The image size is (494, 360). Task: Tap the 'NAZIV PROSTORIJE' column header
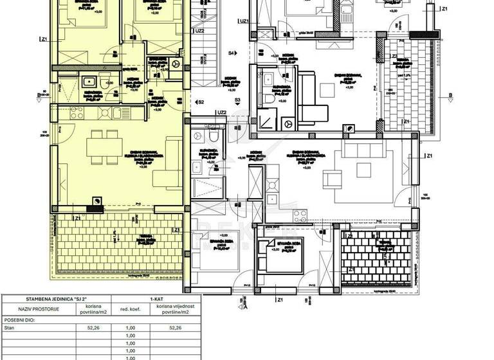click(x=32, y=309)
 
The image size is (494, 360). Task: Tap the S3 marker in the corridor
click(x=237, y=101)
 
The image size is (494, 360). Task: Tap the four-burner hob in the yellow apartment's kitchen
click(x=93, y=81)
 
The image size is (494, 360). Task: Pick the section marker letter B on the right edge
click(x=450, y=96)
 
